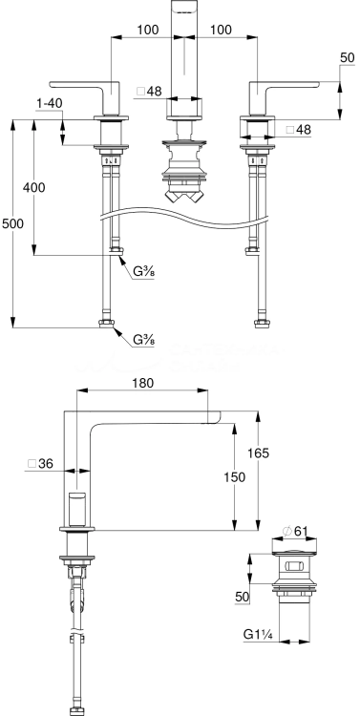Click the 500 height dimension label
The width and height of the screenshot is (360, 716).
[12, 223]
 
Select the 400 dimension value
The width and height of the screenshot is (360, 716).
[34, 187]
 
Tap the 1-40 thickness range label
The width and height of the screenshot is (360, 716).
[49, 103]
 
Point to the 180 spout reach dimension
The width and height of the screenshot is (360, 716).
[143, 383]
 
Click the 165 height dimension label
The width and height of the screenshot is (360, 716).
[259, 453]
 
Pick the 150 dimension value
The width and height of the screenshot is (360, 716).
[235, 476]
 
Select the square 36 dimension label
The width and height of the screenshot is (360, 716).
[40, 463]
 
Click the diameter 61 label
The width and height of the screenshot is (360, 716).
[294, 531]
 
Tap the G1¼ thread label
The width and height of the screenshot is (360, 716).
[258, 634]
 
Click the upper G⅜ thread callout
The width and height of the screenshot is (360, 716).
[143, 272]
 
